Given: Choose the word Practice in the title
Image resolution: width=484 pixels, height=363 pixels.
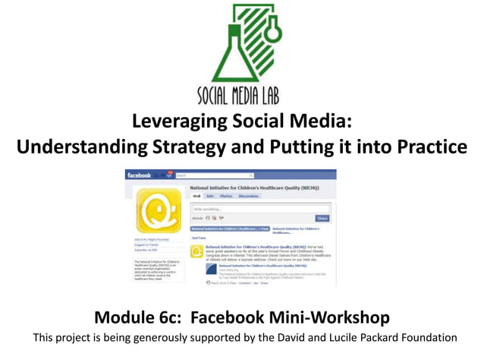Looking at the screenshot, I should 428,147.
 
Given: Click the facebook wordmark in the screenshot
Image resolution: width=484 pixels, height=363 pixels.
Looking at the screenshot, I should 139,175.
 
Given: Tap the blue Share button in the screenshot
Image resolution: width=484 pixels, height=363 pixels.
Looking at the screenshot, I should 322,218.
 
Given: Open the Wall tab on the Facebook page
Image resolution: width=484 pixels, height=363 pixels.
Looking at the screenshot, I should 196,196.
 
